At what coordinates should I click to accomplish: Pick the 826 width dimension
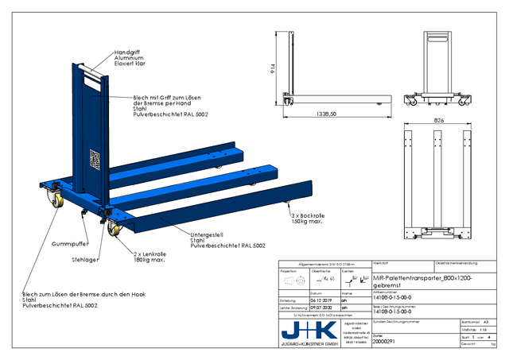pyautogui.click(x=437, y=120)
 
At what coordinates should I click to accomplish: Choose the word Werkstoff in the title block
pyautogui.click(x=381, y=262)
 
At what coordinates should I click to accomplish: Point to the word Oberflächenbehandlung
pyautogui.click(x=458, y=262)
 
